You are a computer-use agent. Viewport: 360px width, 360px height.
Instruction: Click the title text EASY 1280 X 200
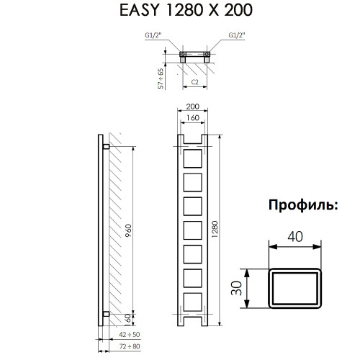tap(180, 12)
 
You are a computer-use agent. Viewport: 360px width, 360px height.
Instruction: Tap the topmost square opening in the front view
tap(193, 159)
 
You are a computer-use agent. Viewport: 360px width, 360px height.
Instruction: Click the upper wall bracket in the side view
tap(106, 146)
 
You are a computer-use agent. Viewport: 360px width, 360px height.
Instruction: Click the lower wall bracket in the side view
tap(106, 312)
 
